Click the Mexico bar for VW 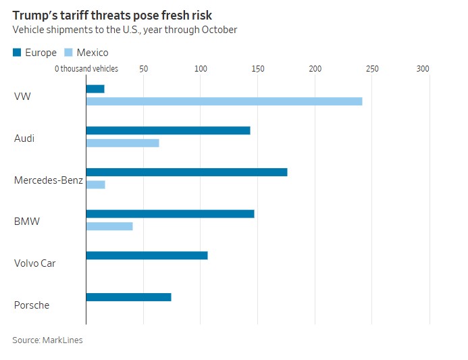(224, 101)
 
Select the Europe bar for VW (95, 89)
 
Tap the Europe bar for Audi (168, 130)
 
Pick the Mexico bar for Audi (123, 143)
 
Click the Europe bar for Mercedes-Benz (186, 172)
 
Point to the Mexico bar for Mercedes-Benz (96, 184)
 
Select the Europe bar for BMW (170, 213)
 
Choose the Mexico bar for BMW (109, 226)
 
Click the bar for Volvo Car (147, 255)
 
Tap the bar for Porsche (129, 297)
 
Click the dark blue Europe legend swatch (18, 53)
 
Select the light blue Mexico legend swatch (68, 53)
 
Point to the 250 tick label (372, 69)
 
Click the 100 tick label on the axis (201, 69)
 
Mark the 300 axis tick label (423, 69)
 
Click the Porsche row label (32, 305)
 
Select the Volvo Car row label (35, 263)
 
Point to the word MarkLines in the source (63, 340)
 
